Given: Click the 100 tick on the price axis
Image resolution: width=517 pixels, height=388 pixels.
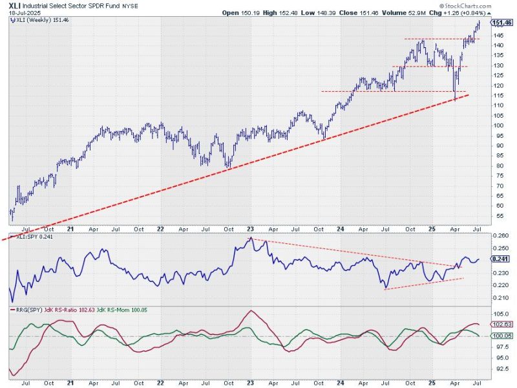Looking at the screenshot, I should point(496,125).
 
